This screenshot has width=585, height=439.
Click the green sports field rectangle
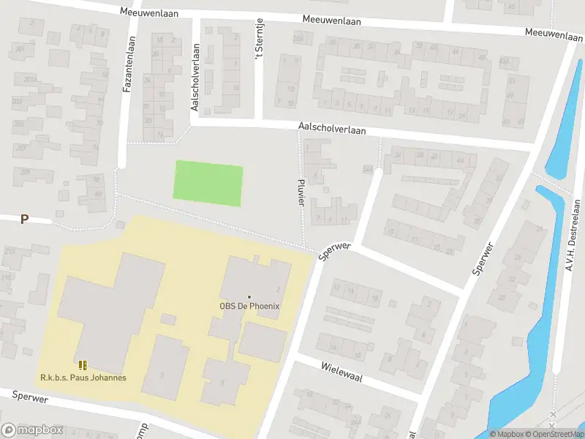(208, 184)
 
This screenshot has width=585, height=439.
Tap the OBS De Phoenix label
(249, 307)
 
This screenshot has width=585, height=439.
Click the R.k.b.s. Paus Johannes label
(83, 378)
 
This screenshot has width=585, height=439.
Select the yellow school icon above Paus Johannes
(83, 364)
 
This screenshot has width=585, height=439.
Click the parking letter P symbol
(24, 219)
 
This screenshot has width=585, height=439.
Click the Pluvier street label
(301, 190)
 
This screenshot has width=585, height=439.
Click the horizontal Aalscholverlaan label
(331, 129)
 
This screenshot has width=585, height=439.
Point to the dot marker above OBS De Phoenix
(249, 296)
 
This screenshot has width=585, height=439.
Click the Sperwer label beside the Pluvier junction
(336, 252)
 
